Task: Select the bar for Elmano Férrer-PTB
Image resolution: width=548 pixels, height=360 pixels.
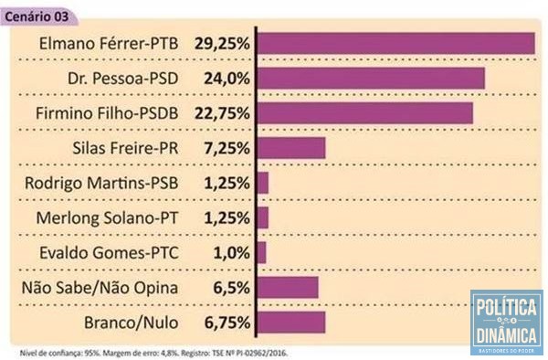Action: (x=395, y=44)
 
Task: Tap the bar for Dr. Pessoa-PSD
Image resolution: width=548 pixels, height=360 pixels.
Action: (x=371, y=79)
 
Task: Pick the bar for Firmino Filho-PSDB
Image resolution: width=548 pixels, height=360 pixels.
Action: (x=365, y=113)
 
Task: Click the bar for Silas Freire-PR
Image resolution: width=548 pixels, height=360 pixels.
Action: (x=291, y=148)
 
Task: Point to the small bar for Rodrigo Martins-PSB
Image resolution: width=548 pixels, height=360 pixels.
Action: (x=263, y=183)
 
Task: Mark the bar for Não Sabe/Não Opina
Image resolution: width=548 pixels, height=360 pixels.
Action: (x=288, y=288)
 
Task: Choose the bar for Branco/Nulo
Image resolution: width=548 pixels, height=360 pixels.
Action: (x=291, y=323)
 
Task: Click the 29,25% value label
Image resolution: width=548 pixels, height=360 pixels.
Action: (x=224, y=44)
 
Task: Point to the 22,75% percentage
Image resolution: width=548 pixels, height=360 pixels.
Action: (x=224, y=113)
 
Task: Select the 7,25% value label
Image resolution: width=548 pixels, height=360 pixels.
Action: (x=227, y=148)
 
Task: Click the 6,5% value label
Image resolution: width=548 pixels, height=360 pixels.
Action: (x=231, y=288)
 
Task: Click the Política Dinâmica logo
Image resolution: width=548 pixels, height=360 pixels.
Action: (x=506, y=323)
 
